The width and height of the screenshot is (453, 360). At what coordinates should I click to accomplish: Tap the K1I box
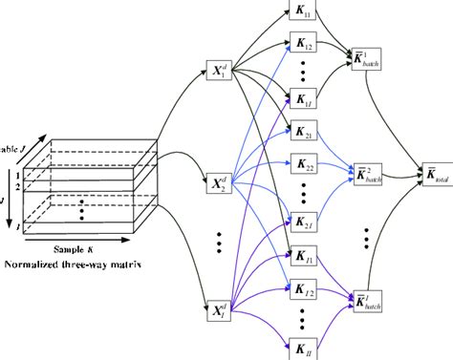303,99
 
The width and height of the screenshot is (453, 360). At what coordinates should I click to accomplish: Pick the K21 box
303,132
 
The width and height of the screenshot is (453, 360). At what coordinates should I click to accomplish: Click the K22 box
303,166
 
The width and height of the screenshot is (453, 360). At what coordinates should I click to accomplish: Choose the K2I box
303,222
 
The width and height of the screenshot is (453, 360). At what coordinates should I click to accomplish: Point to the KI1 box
303,256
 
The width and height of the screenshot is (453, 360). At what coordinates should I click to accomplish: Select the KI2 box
303,288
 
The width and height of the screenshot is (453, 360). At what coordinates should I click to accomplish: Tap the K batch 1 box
368,56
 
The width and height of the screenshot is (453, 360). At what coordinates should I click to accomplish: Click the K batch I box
368,298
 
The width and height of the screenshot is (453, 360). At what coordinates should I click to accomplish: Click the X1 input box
220,73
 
